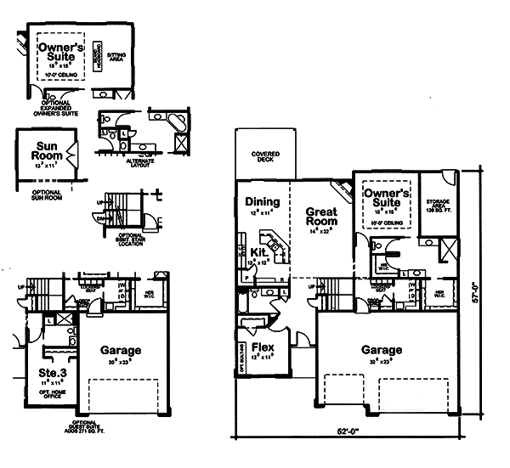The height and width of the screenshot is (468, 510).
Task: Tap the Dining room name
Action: coord(262,202)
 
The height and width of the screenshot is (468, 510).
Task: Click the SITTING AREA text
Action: coord(116,56)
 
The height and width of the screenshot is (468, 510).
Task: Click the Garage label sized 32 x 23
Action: coord(380,351)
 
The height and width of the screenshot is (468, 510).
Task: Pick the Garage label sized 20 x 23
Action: coord(120,351)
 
